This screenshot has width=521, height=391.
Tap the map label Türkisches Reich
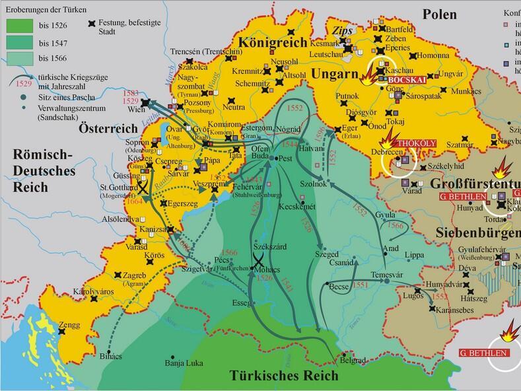[x=284, y=376]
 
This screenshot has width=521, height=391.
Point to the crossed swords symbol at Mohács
[x=260, y=258]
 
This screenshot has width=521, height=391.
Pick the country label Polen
[x=443, y=14]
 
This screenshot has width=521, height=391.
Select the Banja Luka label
[x=183, y=363]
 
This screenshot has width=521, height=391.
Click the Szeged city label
[x=327, y=254]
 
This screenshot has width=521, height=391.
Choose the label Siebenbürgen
[x=477, y=232]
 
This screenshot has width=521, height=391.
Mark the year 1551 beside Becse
[x=363, y=284]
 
